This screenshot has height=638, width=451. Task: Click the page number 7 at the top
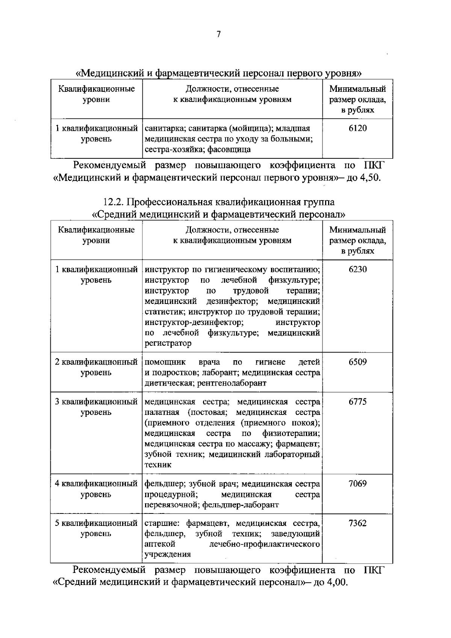[219, 35]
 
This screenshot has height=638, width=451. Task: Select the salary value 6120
[357, 128]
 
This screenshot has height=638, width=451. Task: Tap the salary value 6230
[357, 269]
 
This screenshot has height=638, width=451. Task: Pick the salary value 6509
[357, 362]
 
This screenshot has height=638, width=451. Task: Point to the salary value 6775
[357, 402]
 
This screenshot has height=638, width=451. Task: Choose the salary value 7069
[357, 484]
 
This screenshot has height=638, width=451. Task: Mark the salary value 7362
[357, 523]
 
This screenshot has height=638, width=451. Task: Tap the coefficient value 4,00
[337, 583]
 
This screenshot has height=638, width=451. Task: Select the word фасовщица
[233, 149]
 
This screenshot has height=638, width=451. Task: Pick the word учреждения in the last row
[168, 554]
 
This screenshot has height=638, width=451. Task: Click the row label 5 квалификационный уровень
[96, 528]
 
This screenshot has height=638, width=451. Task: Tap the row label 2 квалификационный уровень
[96, 367]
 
